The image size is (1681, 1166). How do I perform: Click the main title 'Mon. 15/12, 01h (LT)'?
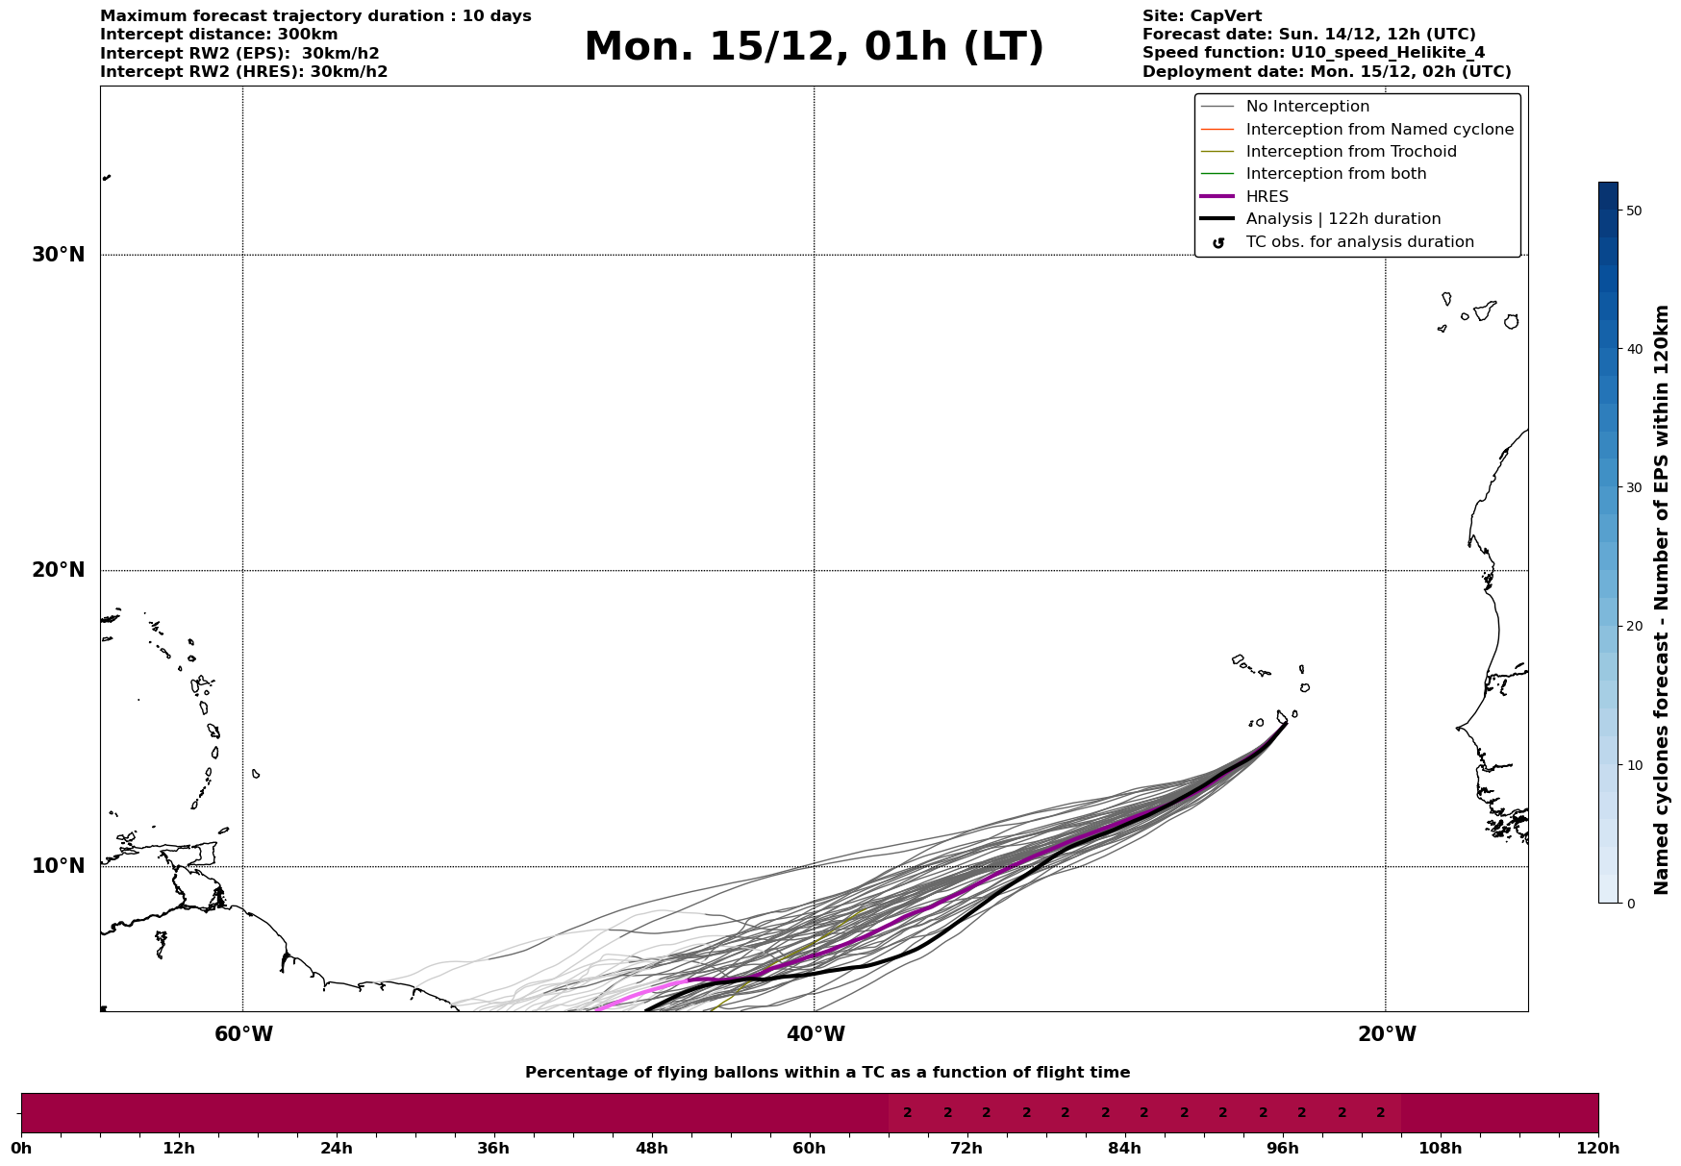click(814, 47)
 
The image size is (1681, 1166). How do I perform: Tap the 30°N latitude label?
click(58, 255)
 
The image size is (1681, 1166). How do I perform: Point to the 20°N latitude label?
click(58, 570)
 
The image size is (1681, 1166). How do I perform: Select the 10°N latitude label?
click(58, 866)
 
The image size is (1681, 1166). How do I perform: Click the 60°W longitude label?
click(243, 1034)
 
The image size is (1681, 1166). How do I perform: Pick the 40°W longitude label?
click(815, 1034)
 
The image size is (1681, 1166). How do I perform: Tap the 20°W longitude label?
click(1387, 1034)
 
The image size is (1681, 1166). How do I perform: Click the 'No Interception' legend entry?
click(1307, 107)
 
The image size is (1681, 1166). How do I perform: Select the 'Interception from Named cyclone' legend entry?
click(1379, 130)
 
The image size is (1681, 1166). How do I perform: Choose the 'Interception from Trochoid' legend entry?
click(1350, 152)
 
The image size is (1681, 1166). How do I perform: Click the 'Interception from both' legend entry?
click(1336, 174)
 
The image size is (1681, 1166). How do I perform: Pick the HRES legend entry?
click(1267, 197)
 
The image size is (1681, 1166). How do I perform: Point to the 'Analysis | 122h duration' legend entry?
click(1342, 219)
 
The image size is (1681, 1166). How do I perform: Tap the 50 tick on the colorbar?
click(1633, 211)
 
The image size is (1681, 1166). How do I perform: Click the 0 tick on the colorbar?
click(1630, 904)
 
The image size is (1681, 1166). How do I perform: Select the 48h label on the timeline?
click(651, 1149)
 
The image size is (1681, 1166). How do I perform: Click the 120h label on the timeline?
click(1598, 1149)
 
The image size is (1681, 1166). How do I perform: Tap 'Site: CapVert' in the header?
click(1201, 16)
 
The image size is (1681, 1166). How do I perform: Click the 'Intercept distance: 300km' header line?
click(218, 35)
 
